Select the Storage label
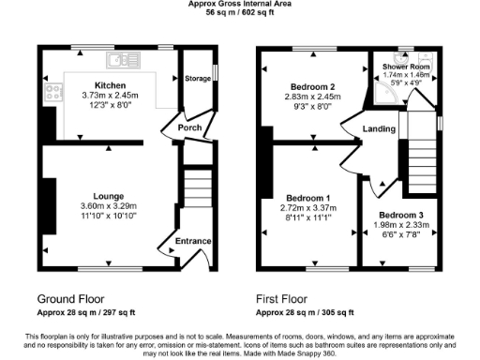coord(197,79)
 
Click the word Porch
coord(178,130)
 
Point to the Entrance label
coord(193,242)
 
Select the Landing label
coord(379,129)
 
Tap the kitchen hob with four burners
coord(52,93)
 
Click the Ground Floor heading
coord(71,300)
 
